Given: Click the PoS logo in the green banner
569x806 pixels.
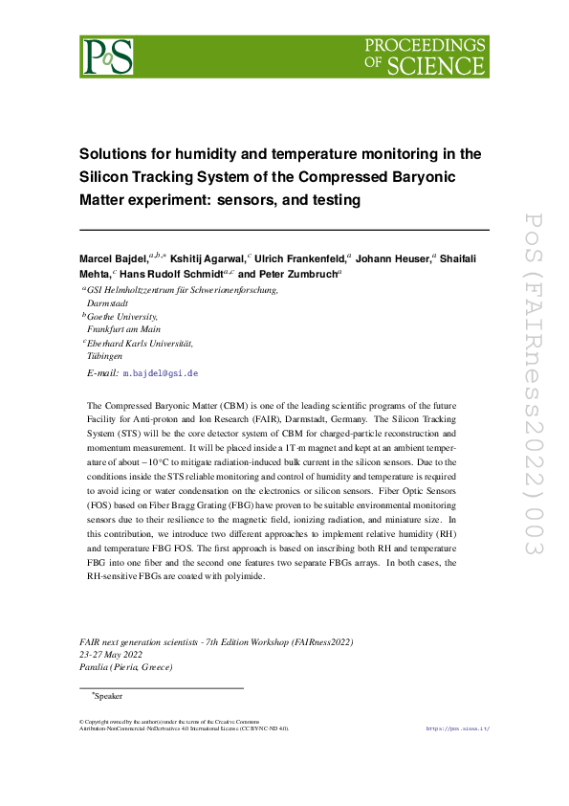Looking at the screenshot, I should (107, 56).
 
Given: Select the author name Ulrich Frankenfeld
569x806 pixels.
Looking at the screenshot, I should (300, 258).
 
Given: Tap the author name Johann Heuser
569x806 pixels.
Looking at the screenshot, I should (393, 258).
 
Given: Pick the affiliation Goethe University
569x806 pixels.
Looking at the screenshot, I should (122, 316).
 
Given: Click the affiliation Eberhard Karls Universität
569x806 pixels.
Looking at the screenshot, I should (140, 342).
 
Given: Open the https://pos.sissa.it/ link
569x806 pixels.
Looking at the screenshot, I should (457, 728).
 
